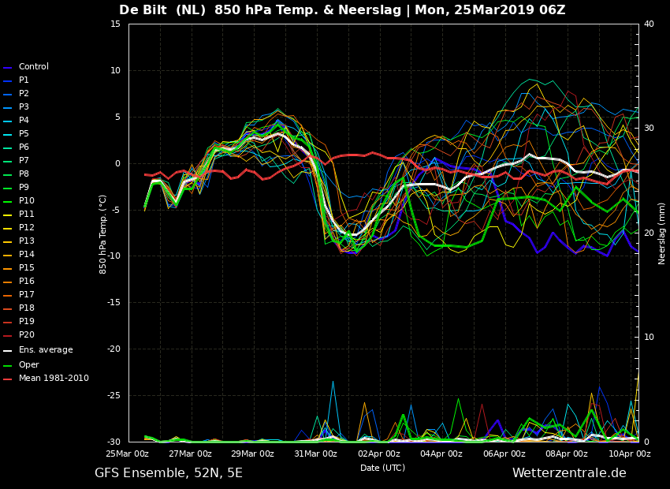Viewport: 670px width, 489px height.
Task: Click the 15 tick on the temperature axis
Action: tap(115, 24)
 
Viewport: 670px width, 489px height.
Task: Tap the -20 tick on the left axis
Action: tap(114, 349)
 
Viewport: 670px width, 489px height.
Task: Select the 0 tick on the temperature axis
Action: tap(118, 164)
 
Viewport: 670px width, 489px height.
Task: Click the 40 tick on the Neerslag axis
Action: tap(649, 24)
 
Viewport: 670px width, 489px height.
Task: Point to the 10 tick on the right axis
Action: tap(649, 338)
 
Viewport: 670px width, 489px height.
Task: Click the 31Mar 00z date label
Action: tap(315, 454)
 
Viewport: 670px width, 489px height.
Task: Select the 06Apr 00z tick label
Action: tap(504, 454)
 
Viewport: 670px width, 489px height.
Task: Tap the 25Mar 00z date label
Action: tap(128, 454)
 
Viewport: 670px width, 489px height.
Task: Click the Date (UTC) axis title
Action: tap(382, 468)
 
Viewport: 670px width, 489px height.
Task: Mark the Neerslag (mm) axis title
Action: tap(662, 233)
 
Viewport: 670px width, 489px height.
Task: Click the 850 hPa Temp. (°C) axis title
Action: tap(103, 234)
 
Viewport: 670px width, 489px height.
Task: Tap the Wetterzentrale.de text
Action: tap(569, 472)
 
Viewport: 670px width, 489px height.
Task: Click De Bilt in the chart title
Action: tap(143, 9)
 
